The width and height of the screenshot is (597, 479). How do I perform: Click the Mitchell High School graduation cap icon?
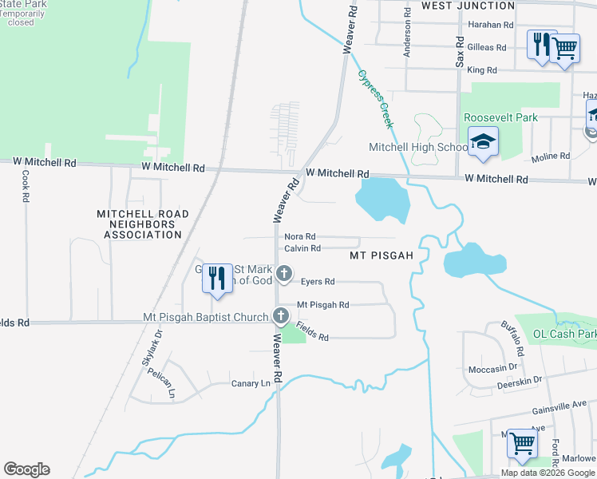pos(483,142)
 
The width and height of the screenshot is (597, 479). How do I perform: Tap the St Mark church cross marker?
pos(283,275)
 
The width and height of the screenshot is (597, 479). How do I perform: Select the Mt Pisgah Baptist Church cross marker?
pos(280,316)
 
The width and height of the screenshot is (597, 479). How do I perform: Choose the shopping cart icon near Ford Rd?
pos(522,442)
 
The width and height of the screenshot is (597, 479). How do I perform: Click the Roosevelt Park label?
pos(500,117)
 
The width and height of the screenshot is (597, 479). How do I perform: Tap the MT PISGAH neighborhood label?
pos(381,255)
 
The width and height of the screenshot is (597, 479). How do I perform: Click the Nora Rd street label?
pos(300,237)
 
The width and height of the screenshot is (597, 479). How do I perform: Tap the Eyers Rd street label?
pos(318,282)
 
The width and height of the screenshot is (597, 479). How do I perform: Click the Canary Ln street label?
pos(251,383)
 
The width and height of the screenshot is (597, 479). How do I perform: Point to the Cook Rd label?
pos(26,186)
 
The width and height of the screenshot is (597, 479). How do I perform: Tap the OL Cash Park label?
pos(564,334)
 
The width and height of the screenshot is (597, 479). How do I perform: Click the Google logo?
pos(26,469)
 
